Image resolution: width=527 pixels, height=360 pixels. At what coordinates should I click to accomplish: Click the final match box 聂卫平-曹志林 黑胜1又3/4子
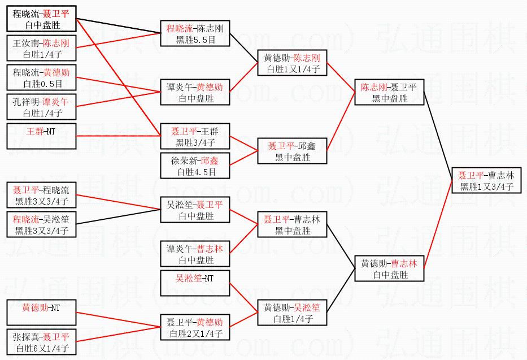point(486,181)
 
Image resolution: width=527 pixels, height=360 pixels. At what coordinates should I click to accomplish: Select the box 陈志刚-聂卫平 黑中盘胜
point(389,93)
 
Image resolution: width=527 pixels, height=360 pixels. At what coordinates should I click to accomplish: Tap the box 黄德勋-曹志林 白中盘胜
point(389,269)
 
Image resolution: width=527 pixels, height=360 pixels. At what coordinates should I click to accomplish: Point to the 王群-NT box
point(41,132)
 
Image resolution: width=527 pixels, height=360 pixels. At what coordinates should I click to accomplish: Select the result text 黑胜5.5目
point(195,40)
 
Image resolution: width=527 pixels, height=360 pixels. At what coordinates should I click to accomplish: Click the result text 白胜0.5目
point(41,84)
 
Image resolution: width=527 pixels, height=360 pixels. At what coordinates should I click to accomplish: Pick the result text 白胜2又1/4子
point(195,333)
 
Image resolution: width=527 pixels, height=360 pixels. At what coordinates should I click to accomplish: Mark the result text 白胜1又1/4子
point(292,69)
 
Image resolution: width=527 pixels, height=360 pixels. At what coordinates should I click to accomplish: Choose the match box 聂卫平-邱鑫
point(292,151)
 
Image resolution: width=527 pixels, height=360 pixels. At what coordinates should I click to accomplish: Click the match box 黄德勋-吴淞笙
point(292,313)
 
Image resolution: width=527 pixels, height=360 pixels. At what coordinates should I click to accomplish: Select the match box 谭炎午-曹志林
point(195,254)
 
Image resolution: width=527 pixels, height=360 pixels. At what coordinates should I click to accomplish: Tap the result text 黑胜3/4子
point(195,142)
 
